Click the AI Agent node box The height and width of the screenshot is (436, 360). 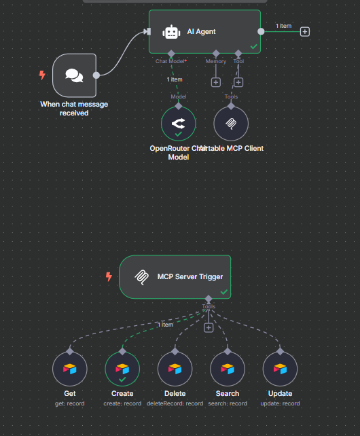click(x=204, y=31)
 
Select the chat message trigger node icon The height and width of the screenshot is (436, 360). click(x=75, y=75)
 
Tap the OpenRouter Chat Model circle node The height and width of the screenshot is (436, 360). click(x=178, y=124)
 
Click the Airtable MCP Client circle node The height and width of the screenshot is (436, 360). click(x=231, y=124)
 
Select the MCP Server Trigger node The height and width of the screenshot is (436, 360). click(x=175, y=276)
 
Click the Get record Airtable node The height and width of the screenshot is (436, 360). click(x=70, y=369)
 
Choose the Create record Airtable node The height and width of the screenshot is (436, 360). click(x=122, y=369)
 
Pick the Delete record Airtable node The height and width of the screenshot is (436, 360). click(x=175, y=369)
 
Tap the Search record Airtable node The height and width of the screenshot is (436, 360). click(x=228, y=369)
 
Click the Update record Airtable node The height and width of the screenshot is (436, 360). click(x=280, y=369)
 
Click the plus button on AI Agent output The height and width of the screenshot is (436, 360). click(x=305, y=31)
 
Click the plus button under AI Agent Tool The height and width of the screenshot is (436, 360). click(x=238, y=82)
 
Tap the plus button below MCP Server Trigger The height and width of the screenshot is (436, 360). click(x=209, y=327)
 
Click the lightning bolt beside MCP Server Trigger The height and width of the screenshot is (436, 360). click(x=109, y=276)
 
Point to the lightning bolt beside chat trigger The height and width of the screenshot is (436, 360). click(x=42, y=75)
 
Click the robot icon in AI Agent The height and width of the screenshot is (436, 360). click(x=170, y=32)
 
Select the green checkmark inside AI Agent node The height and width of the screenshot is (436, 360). click(x=253, y=46)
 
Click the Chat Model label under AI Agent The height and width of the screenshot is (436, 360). click(x=170, y=62)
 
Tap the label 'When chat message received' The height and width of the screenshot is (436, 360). click(x=74, y=109)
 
